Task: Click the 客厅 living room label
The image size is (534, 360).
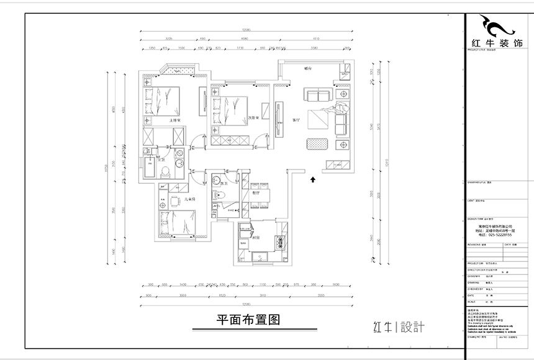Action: coord(296,120)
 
